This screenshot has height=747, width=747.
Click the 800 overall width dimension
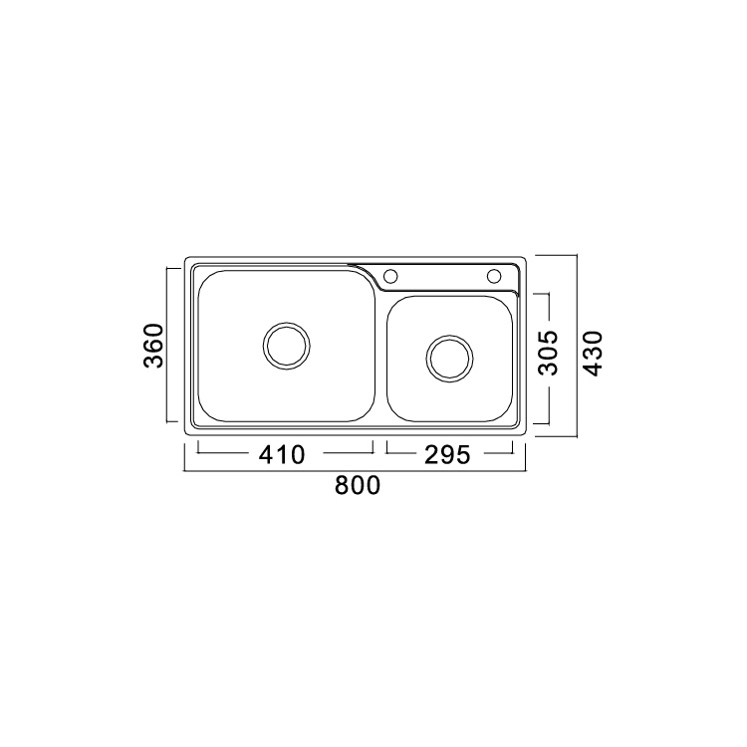click(x=358, y=485)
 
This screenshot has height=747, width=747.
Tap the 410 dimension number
click(x=282, y=454)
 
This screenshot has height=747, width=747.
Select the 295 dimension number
click(x=447, y=454)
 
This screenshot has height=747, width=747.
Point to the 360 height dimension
click(x=153, y=346)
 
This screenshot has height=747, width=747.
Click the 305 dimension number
click(x=548, y=352)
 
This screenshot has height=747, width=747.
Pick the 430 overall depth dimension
click(x=594, y=353)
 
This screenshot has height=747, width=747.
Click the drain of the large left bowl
click(x=286, y=346)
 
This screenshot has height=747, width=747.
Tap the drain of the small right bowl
click(x=450, y=359)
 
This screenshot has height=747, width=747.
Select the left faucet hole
click(x=390, y=276)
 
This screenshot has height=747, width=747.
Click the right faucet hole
click(x=494, y=276)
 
